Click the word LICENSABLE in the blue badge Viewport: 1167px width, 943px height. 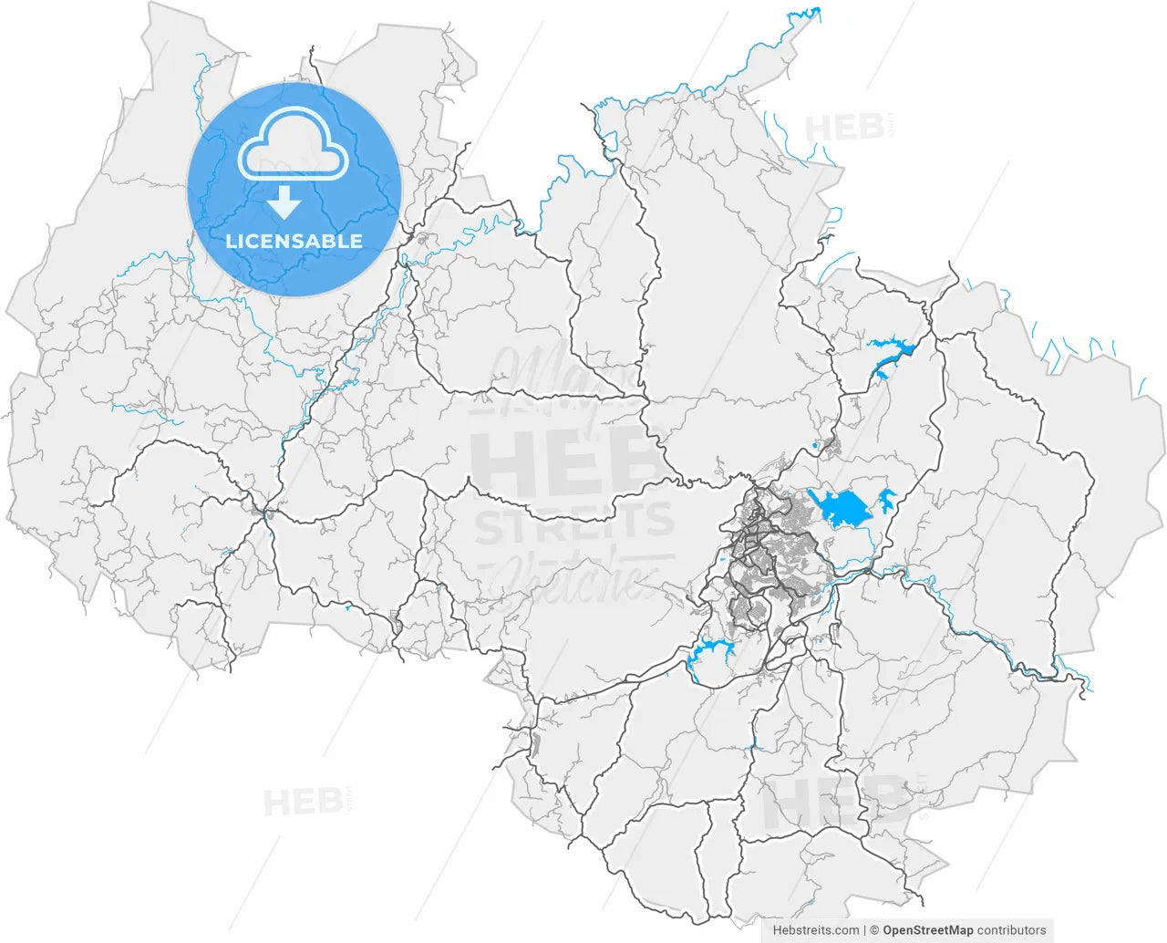tap(294, 242)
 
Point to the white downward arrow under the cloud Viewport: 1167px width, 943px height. tap(285, 202)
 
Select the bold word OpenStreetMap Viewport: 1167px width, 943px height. tap(928, 930)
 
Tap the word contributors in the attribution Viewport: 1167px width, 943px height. tap(1012, 930)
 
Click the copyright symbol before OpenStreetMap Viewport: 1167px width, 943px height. tap(874, 930)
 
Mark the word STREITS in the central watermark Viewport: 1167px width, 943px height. tap(573, 523)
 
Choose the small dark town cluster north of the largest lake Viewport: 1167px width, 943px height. tap(829, 447)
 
